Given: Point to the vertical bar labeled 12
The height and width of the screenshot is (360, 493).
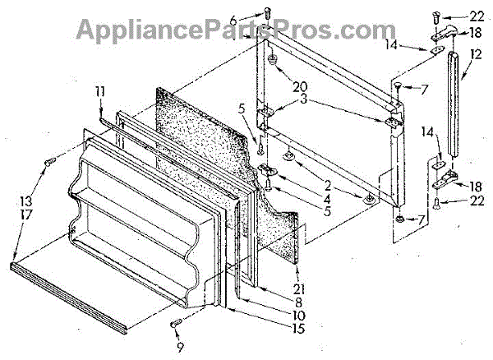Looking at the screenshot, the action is [x=451, y=107].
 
